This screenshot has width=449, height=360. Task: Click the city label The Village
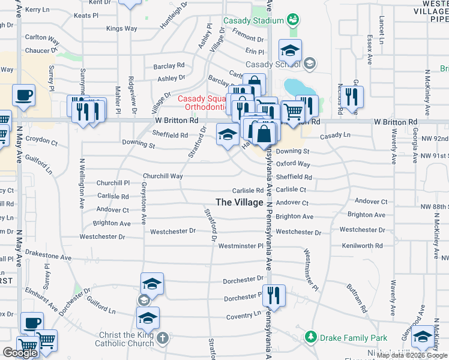239,202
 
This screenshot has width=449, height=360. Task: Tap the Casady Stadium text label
253,20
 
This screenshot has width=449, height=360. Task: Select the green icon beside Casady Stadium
293,20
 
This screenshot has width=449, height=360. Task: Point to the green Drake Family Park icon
310,338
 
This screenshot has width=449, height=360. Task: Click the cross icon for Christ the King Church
161,339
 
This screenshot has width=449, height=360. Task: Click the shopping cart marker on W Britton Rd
292,112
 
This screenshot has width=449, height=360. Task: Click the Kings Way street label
121,28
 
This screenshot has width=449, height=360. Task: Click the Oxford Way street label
294,164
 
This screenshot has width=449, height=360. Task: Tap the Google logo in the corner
20,353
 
